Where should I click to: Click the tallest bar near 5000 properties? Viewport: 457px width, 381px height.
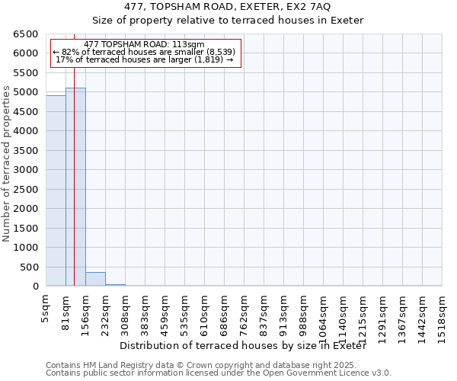(75, 187)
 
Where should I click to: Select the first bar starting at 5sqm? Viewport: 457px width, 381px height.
(56, 190)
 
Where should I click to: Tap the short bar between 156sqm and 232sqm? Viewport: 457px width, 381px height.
(95, 279)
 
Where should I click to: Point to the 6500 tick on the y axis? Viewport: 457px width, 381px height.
(24, 34)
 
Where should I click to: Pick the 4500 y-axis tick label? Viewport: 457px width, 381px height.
(24, 112)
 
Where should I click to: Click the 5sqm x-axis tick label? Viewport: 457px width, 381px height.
(46, 309)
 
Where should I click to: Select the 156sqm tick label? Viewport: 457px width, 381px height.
(86, 312)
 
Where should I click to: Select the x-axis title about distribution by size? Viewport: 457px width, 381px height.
(244, 346)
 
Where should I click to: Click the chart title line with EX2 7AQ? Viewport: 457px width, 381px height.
(228, 7)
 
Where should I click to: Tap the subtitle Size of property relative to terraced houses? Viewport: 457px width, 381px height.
(228, 21)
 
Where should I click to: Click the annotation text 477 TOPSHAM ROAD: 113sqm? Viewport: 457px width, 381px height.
(145, 45)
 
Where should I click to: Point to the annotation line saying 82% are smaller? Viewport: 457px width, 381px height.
(145, 52)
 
